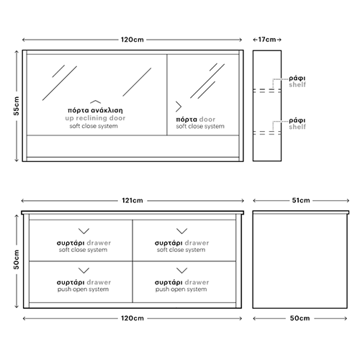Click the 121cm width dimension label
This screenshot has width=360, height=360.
pyautogui.click(x=132, y=200)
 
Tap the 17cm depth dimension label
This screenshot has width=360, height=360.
pyautogui.click(x=267, y=40)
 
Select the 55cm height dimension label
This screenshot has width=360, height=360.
pyautogui.click(x=16, y=106)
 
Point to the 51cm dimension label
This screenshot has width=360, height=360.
pyautogui.click(x=301, y=200)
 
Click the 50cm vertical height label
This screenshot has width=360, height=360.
pyautogui.click(x=16, y=259)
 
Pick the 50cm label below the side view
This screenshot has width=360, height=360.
pyautogui.click(x=300, y=318)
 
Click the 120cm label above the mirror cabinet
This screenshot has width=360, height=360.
pyautogui.click(x=132, y=40)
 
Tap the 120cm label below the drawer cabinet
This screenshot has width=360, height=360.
pyautogui.click(x=132, y=318)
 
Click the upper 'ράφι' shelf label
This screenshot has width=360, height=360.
pyautogui.click(x=297, y=78)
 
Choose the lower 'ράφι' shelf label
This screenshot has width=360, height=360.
pyautogui.click(x=297, y=120)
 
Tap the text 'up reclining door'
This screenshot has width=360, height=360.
pyautogui.click(x=95, y=118)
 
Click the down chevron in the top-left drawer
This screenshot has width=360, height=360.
pyautogui.click(x=84, y=232)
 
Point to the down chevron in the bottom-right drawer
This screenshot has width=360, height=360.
pyautogui.click(x=181, y=271)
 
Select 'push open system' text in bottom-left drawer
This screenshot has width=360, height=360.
pyautogui.click(x=83, y=289)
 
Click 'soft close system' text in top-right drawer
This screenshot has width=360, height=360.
pyautogui.click(x=181, y=250)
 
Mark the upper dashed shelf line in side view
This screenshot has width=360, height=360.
pyautogui.click(x=267, y=91)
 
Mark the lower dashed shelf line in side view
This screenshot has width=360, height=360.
pyautogui.click(x=267, y=132)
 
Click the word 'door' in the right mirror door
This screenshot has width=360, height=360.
pyautogui.click(x=207, y=120)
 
